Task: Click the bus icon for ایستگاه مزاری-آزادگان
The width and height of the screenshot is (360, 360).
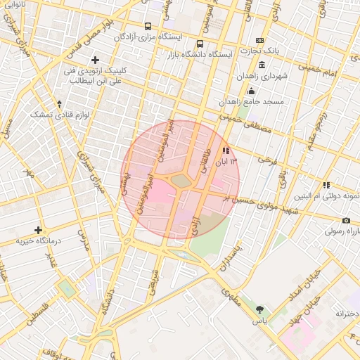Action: tap(148, 26)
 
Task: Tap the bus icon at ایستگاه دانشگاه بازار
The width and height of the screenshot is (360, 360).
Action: tap(200, 44)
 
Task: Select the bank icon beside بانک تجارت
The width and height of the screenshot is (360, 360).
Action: tap(259, 41)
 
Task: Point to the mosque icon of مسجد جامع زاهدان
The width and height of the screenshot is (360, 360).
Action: tap(251, 91)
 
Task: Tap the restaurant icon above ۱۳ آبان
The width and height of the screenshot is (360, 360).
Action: tap(225, 150)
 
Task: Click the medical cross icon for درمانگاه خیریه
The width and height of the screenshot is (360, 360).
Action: tap(38, 230)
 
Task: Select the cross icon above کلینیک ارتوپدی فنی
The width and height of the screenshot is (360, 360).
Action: tap(96, 60)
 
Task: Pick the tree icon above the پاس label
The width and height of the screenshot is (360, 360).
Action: tap(260, 309)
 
